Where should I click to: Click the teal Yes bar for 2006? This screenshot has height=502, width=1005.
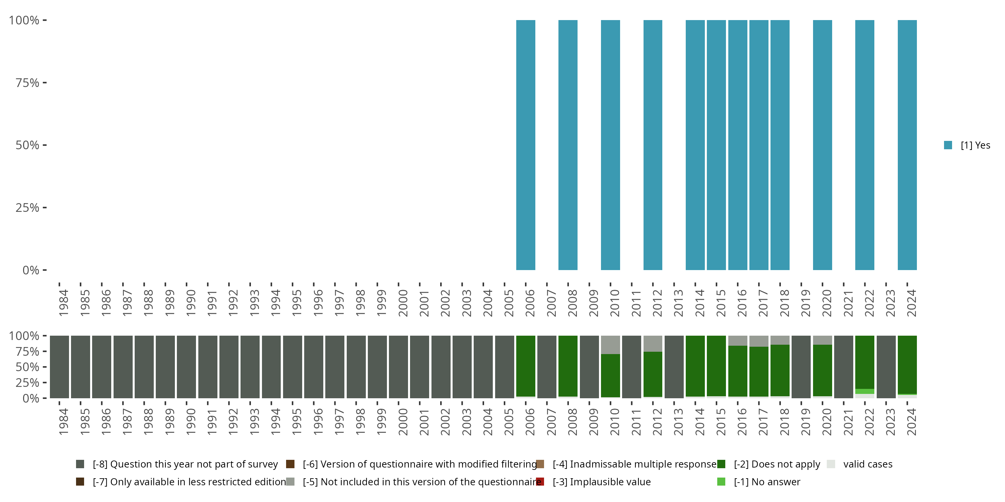click(526, 145)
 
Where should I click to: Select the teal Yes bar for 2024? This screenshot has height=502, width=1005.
click(907, 145)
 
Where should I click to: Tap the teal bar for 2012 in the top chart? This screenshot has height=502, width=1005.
click(653, 145)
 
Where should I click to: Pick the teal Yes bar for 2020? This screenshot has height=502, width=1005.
click(822, 145)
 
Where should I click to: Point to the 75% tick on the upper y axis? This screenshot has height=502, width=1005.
click(27, 83)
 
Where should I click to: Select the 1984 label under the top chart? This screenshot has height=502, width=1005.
click(63, 303)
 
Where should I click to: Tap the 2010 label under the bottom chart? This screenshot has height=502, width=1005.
click(614, 422)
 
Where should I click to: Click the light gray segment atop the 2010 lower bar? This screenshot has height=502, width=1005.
click(610, 345)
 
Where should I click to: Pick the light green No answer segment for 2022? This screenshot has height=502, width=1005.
click(865, 391)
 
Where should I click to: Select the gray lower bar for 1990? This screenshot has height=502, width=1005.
click(187, 367)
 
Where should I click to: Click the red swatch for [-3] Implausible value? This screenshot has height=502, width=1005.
click(540, 482)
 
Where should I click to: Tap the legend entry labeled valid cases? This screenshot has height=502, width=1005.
click(867, 464)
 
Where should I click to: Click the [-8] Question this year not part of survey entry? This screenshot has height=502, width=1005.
click(185, 464)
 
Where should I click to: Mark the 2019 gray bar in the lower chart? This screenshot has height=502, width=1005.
click(801, 367)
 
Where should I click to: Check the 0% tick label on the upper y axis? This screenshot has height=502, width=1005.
click(31, 270)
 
